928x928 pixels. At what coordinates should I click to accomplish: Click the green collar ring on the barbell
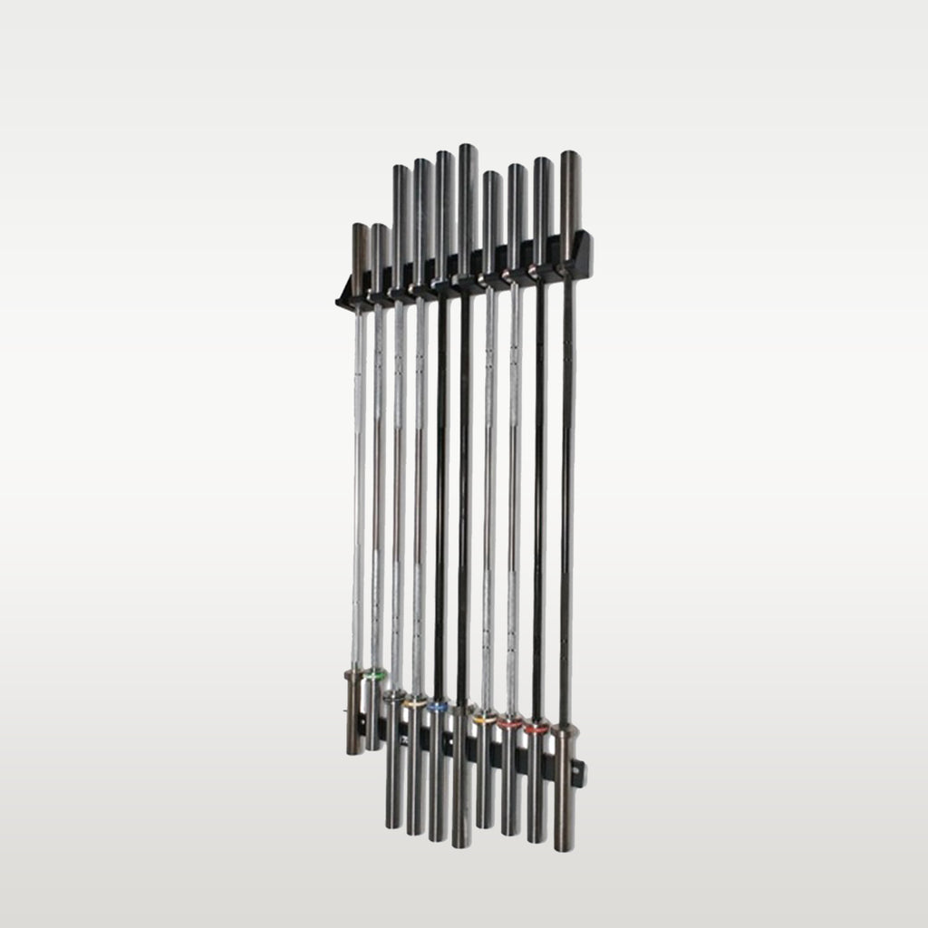(374, 674)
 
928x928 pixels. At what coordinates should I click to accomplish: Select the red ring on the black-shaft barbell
(537, 727)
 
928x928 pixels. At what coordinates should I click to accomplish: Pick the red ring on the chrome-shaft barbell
(510, 724)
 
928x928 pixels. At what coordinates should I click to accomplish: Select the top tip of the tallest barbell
(468, 147)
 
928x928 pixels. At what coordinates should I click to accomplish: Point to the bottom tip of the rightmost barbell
(564, 848)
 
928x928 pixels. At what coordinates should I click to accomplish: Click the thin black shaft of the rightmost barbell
(567, 498)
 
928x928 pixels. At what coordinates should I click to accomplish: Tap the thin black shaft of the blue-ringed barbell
(441, 498)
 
